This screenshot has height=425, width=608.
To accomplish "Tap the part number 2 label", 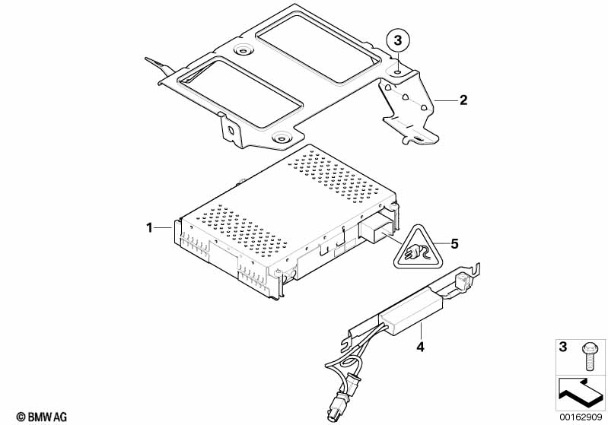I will pyautogui.click(x=462, y=100).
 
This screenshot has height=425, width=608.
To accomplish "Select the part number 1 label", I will pyautogui.click(x=151, y=227).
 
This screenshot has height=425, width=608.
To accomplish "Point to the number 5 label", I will pyautogui.click(x=455, y=243).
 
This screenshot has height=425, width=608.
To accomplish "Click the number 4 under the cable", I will pyautogui.click(x=419, y=347).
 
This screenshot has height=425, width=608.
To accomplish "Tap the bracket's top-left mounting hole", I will pyautogui.click(x=243, y=51).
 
